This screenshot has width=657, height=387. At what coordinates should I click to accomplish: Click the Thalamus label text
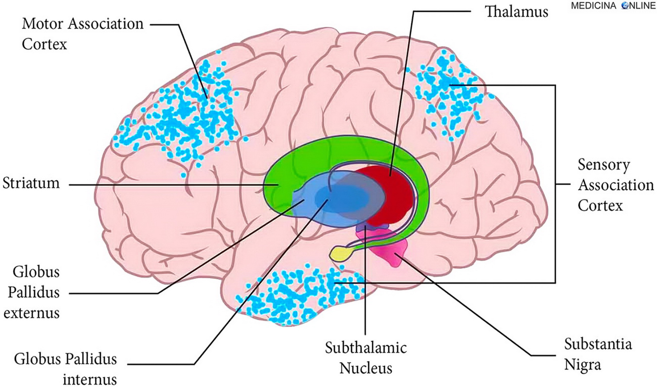coord(516,12)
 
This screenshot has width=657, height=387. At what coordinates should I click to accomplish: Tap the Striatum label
coord(31,183)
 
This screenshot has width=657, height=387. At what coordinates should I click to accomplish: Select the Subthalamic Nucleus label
coord(366,357)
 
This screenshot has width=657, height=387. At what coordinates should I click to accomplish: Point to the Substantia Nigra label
coord(598,354)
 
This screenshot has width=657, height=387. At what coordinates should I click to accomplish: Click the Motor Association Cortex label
coord(82,34)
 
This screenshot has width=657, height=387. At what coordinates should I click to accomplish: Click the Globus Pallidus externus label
coord(33,292)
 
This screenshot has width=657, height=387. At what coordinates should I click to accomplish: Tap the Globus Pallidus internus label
coord(65,369)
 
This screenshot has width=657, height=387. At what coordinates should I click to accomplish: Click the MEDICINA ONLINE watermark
coord(613,6)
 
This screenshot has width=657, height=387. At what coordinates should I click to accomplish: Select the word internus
coord(90,379)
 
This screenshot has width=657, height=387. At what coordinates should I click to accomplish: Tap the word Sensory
coord(604,165)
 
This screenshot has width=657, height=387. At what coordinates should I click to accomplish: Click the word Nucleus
coord(366,368)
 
